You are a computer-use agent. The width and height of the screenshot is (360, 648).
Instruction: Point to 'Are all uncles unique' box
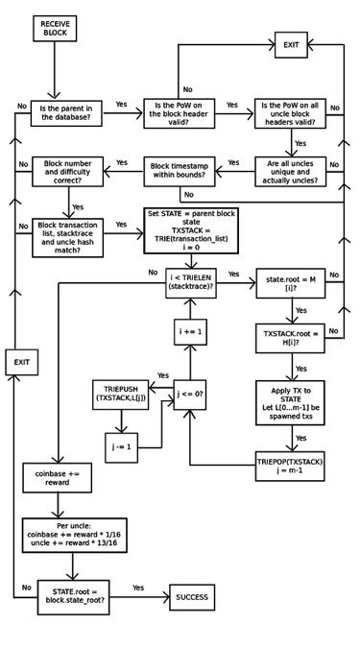(x=290, y=172)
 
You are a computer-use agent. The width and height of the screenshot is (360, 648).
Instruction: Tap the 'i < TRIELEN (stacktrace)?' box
(x=189, y=285)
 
